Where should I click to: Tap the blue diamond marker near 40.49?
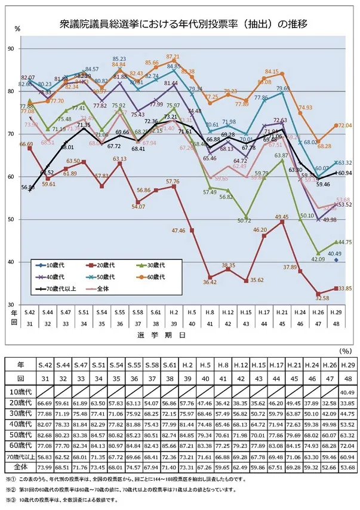337,260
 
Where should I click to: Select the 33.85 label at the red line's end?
344,288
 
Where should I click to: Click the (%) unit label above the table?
345,352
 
